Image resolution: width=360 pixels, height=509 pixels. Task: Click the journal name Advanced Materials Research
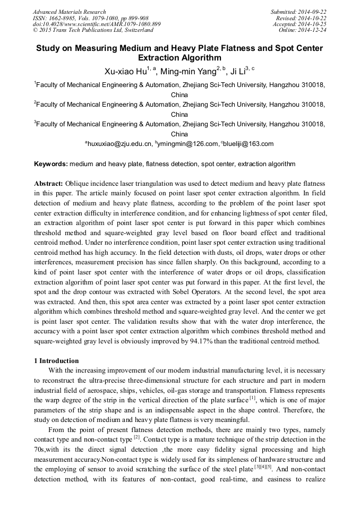(x=69, y=12)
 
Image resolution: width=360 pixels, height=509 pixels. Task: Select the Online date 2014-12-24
(x=313, y=30)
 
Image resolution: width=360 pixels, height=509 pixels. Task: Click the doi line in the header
(x=97, y=24)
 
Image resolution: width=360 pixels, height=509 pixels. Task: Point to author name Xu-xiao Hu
(x=126, y=71)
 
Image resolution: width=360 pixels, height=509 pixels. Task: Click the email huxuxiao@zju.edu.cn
(x=120, y=144)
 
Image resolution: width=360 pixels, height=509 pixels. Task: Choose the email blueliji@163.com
(x=250, y=144)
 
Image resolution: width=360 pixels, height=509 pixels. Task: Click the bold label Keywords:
(x=51, y=165)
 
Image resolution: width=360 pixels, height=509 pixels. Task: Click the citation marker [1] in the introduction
(x=253, y=397)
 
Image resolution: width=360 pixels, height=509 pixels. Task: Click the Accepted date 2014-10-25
(x=313, y=24)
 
